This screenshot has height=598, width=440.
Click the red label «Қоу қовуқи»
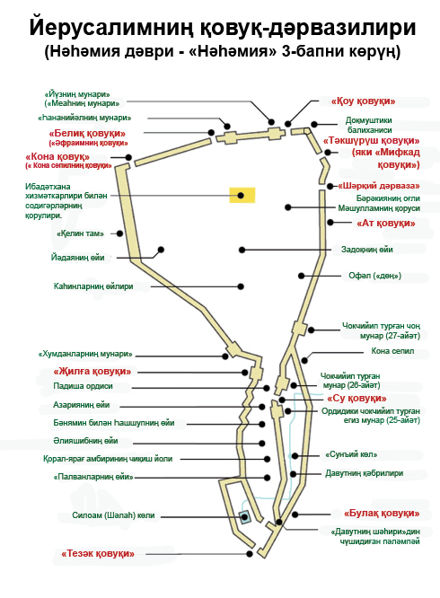tap(363, 101)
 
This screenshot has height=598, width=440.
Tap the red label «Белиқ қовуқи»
tap(87, 134)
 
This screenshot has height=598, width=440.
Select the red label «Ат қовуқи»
tap(386, 223)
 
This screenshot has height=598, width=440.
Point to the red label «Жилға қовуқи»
tap(92, 371)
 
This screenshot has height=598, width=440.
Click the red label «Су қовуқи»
tap(356, 399)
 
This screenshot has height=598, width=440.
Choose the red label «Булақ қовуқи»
tap(382, 514)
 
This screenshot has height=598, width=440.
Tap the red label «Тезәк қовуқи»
tap(98, 553)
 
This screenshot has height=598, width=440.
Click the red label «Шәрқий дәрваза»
tap(379, 186)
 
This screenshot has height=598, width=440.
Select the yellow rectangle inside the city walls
tap(242, 195)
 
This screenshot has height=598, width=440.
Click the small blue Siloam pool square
tap(244, 517)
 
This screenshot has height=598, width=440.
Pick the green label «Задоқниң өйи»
tap(366, 250)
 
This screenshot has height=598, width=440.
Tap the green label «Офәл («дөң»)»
tap(374, 276)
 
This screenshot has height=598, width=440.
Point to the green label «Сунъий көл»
tap(351, 454)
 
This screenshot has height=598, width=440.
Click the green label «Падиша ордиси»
tap(84, 386)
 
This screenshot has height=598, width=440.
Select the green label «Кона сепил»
tap(392, 351)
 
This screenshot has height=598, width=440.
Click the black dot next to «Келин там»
tap(119, 233)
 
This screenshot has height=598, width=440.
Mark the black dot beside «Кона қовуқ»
tap(128, 157)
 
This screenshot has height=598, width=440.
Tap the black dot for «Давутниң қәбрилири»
tap(294, 474)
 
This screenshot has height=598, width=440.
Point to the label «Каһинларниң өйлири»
tap(93, 286)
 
